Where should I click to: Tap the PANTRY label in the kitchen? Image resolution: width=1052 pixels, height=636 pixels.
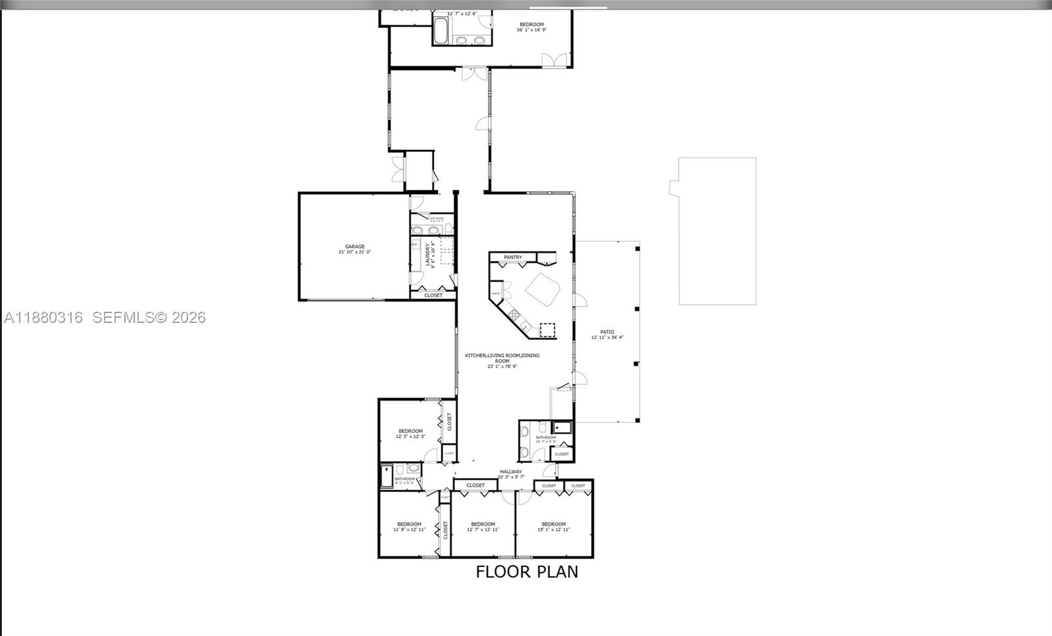click(513, 257)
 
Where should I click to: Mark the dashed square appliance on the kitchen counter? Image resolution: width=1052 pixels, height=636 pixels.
click(547, 330)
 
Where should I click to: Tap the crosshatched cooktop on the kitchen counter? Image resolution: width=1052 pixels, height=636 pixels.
click(514, 314)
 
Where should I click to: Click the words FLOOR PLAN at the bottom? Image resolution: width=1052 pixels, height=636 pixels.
click(527, 572)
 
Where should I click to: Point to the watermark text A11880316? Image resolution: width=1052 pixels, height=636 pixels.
click(43, 318)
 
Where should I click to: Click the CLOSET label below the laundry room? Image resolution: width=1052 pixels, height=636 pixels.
click(433, 295)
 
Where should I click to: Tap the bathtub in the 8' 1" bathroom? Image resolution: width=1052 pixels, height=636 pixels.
click(387, 477)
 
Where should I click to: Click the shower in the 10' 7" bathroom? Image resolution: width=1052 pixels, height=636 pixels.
click(562, 428)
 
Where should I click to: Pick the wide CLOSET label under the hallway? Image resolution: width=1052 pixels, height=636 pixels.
click(475, 485)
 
